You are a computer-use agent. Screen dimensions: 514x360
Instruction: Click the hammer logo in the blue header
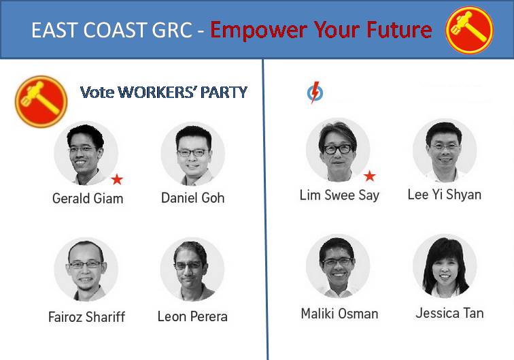pyautogui.click(x=469, y=30)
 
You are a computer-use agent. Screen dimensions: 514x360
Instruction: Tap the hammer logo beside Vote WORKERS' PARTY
pyautogui.click(x=41, y=101)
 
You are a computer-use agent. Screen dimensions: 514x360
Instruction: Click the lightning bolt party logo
pyautogui.click(x=315, y=93)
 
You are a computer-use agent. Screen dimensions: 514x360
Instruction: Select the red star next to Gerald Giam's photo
pyautogui.click(x=117, y=180)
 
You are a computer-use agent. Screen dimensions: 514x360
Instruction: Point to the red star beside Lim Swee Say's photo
pyautogui.click(x=369, y=176)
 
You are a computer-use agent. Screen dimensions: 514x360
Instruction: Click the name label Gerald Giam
pyautogui.click(x=88, y=199)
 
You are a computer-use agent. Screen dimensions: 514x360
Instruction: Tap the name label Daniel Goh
pyautogui.click(x=193, y=198)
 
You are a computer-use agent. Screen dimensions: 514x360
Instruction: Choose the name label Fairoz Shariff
pyautogui.click(x=86, y=317)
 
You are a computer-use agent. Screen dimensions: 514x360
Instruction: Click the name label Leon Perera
pyautogui.click(x=192, y=316)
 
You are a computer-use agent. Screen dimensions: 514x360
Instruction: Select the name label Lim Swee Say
pyautogui.click(x=339, y=195)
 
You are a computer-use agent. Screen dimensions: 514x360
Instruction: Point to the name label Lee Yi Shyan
pyautogui.click(x=445, y=195)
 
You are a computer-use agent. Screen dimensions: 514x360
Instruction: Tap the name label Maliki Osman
pyautogui.click(x=340, y=314)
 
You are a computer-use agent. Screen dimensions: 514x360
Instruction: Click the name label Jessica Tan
pyautogui.click(x=450, y=313)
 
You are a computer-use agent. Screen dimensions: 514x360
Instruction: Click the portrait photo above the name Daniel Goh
pyautogui.click(x=193, y=154)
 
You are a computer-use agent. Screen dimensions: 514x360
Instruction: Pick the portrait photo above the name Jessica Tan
pyautogui.click(x=445, y=266)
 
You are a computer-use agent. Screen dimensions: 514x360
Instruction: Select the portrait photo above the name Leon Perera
pyautogui.click(x=192, y=269)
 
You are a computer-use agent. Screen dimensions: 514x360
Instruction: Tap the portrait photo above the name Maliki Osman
pyautogui.click(x=338, y=266)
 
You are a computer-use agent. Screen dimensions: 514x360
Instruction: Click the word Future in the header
pyautogui.click(x=399, y=30)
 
